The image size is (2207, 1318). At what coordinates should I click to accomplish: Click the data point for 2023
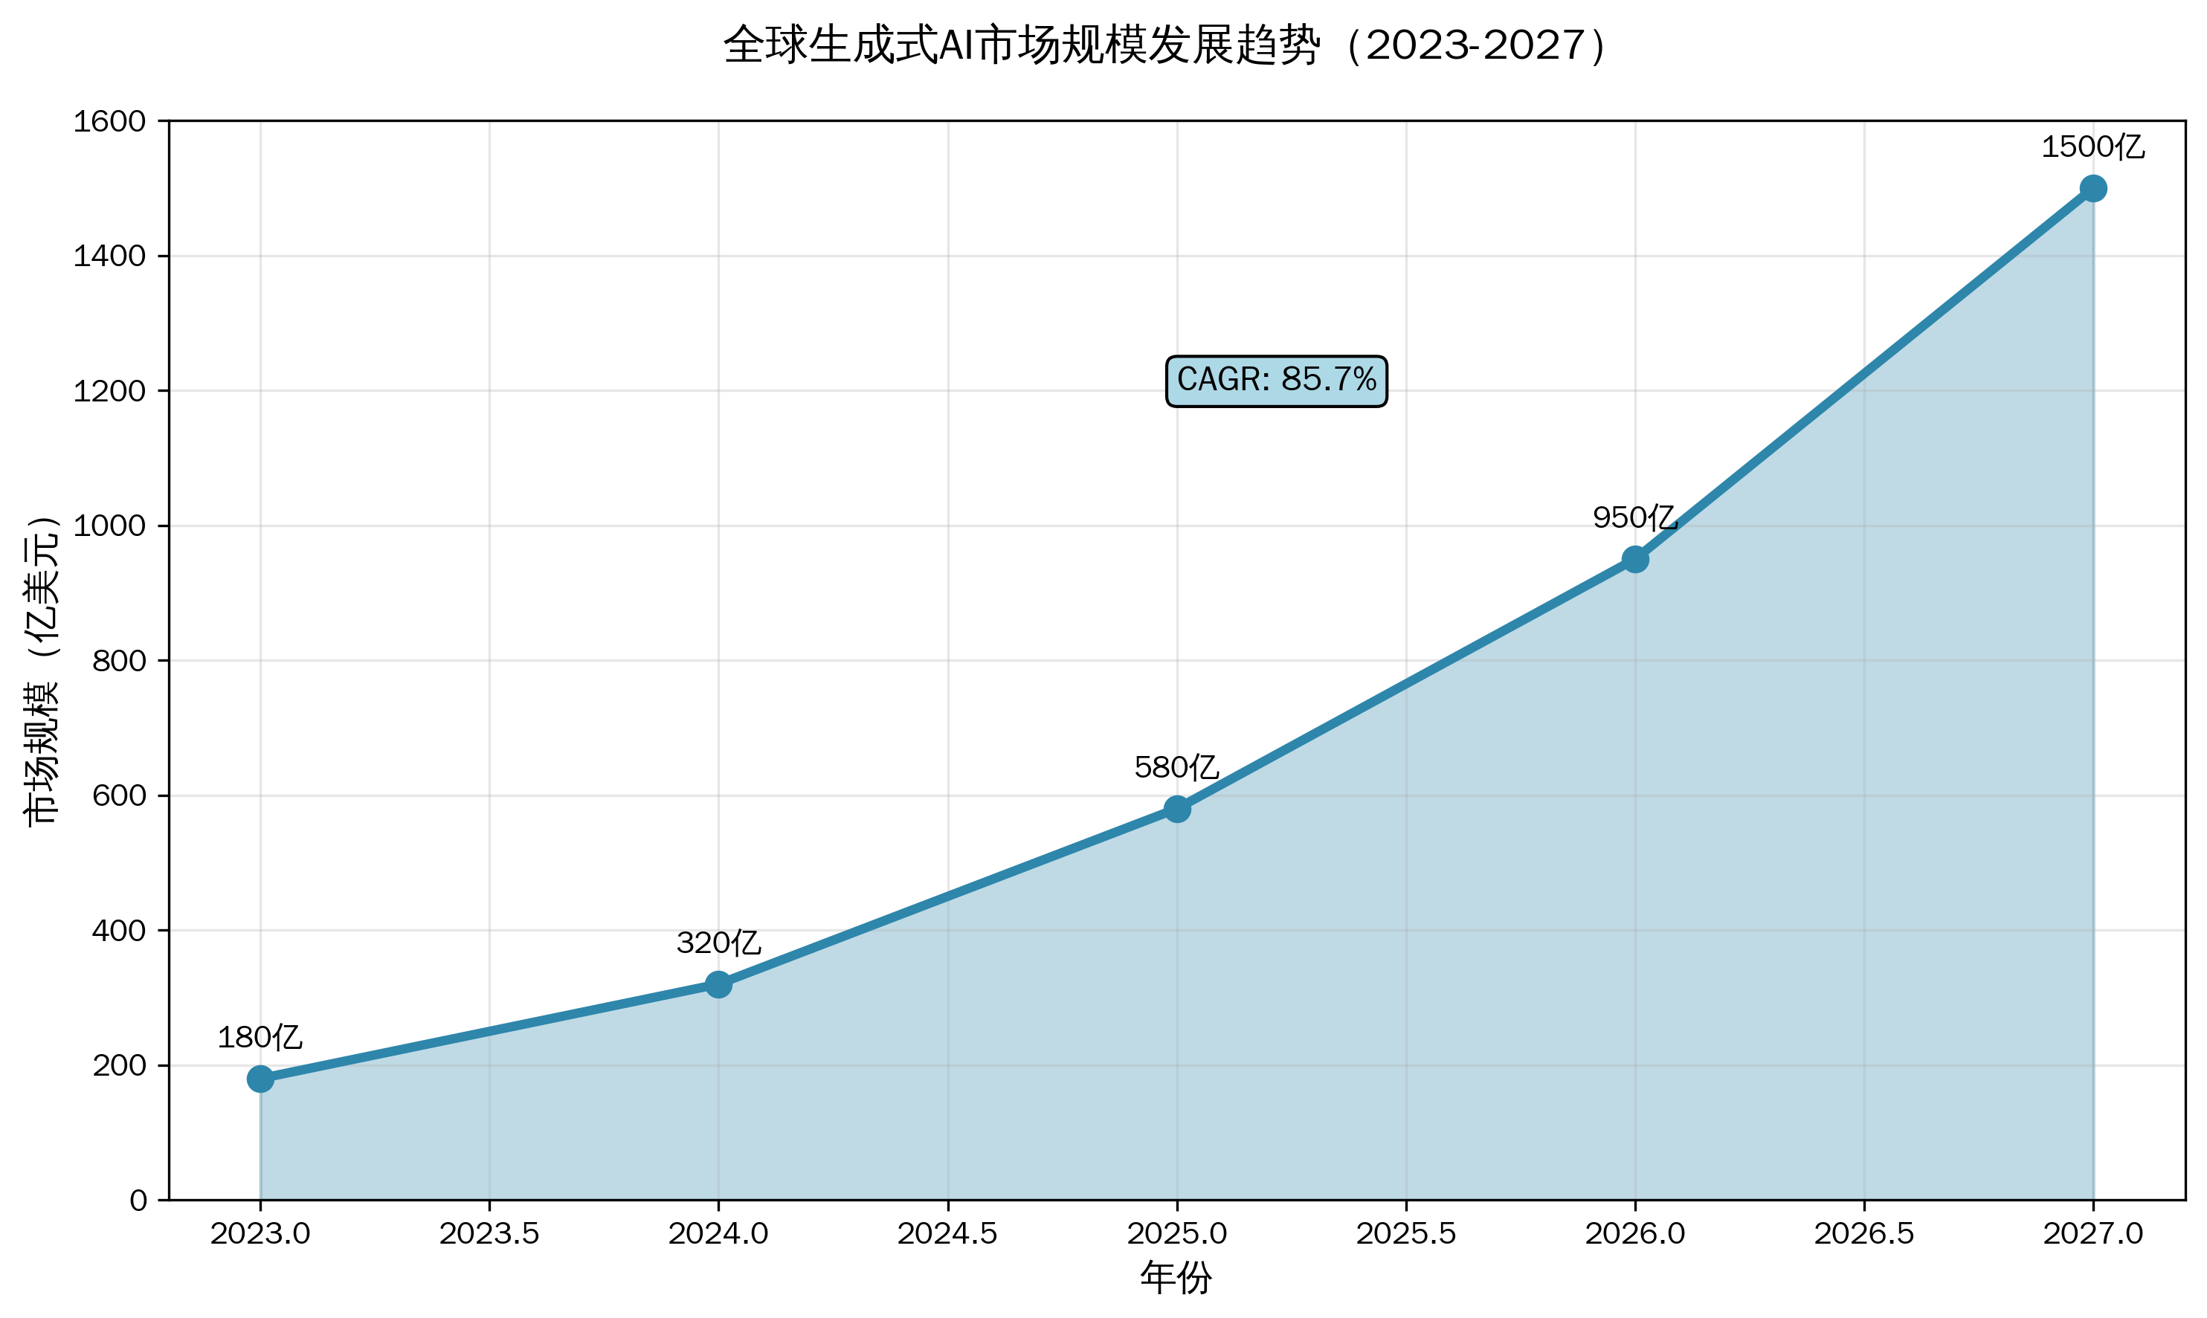(x=260, y=1078)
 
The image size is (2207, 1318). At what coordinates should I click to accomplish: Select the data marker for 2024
(x=718, y=984)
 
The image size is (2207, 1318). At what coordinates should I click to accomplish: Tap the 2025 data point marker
(x=1177, y=809)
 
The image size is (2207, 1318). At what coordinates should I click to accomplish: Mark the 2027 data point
(x=2093, y=188)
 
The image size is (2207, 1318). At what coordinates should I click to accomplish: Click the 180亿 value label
(x=260, y=1037)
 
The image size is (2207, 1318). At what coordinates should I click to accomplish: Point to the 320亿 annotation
(x=718, y=943)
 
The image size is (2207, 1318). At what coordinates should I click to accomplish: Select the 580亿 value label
(x=1177, y=767)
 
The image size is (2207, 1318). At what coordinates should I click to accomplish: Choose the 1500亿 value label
(x=2093, y=147)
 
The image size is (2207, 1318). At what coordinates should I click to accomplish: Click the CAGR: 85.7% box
(x=1276, y=381)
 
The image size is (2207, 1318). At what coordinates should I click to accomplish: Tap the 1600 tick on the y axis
(x=109, y=122)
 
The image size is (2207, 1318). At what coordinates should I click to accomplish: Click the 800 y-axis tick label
(x=119, y=661)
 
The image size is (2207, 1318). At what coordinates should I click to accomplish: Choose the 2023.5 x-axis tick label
(x=489, y=1233)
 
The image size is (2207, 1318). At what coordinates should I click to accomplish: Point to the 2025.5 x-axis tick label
(x=1406, y=1233)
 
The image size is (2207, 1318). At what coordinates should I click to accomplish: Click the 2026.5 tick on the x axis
(x=1864, y=1233)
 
